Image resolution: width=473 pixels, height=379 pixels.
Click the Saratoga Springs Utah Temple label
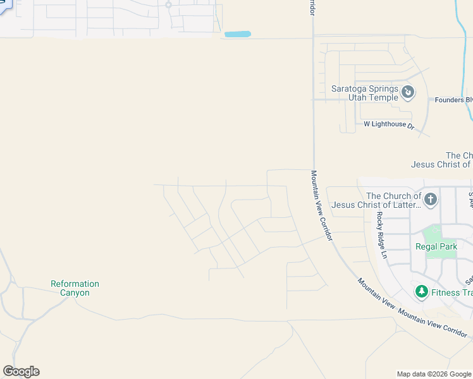coord(365,93)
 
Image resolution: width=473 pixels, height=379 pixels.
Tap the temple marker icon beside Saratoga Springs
coord(408,93)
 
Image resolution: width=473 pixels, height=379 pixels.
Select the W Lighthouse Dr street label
coord(389,126)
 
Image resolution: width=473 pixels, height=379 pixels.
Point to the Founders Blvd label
coord(453,100)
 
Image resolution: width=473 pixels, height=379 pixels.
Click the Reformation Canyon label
coord(75,288)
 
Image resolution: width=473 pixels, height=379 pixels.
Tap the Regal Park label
coord(436,246)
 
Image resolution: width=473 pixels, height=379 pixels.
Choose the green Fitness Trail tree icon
coord(421,292)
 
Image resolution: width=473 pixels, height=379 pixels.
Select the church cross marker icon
coord(430,200)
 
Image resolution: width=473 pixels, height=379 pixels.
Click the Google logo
coord(21,371)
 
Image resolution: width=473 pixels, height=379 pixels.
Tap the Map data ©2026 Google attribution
coord(434,374)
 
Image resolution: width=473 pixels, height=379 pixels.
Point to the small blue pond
coord(238,34)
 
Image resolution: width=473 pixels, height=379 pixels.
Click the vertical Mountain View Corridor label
coord(321,205)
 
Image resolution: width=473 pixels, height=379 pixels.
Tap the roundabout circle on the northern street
coord(168,5)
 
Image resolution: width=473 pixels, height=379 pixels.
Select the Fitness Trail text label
coord(451,292)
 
